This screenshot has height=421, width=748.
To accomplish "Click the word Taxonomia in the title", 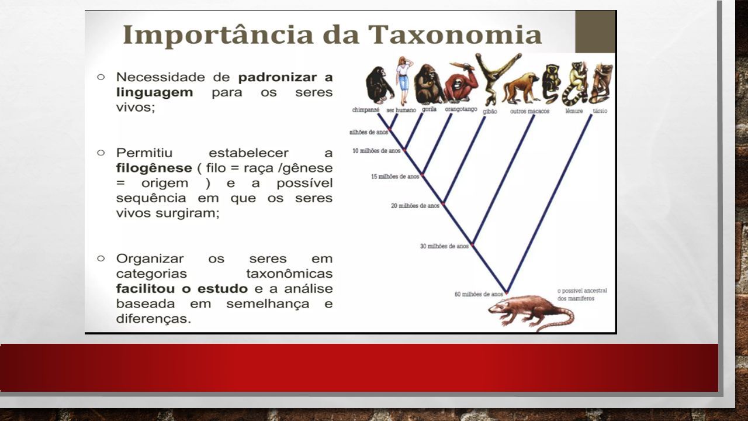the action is pyautogui.click(x=455, y=34).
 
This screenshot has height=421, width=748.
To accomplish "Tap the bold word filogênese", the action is pyautogui.click(x=154, y=168).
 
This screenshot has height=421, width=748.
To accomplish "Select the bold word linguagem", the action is pyautogui.click(x=155, y=92).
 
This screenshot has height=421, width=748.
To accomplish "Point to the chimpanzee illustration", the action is pyautogui.click(x=379, y=85).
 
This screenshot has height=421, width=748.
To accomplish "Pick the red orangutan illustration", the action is pyautogui.click(x=460, y=82).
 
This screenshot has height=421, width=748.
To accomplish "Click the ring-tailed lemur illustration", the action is pyautogui.click(x=574, y=84).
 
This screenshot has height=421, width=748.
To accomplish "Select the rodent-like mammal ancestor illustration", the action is pyautogui.click(x=531, y=313).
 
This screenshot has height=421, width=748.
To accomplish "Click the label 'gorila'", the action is pyautogui.click(x=429, y=109).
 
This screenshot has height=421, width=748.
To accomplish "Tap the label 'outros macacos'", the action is pyautogui.click(x=529, y=111).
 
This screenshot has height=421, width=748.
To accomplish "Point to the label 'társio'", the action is pyautogui.click(x=600, y=111).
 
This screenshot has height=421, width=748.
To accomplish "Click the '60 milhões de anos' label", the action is pyautogui.click(x=479, y=294).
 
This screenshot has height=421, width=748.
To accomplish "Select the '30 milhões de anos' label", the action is pyautogui.click(x=444, y=246).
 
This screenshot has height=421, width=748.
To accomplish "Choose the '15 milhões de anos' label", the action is pyautogui.click(x=395, y=177).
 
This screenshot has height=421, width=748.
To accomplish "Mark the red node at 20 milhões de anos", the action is pyautogui.click(x=443, y=203).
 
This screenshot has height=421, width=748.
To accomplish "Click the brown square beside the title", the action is pyautogui.click(x=595, y=32).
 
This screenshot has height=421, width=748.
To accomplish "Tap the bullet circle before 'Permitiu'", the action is pyautogui.click(x=101, y=153).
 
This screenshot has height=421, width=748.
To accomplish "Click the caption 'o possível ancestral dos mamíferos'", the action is pyautogui.click(x=582, y=294).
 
